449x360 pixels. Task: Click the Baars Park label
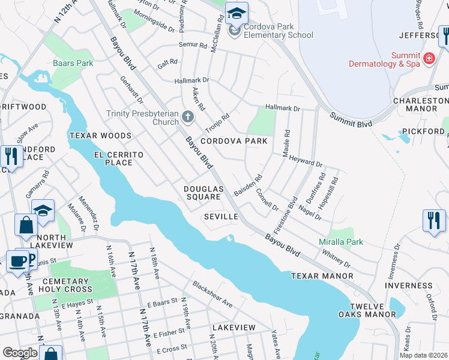coord(73,62)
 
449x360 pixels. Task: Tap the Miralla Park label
coord(340,242)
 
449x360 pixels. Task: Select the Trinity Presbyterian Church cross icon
coord(187,116)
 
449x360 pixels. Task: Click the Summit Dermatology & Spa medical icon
coord(429,59)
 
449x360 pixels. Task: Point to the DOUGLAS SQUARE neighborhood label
coord(203,193)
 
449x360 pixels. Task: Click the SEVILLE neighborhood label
coord(221,216)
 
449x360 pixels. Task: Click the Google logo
coord(20,353)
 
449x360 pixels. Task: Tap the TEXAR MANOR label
coord(322,276)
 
